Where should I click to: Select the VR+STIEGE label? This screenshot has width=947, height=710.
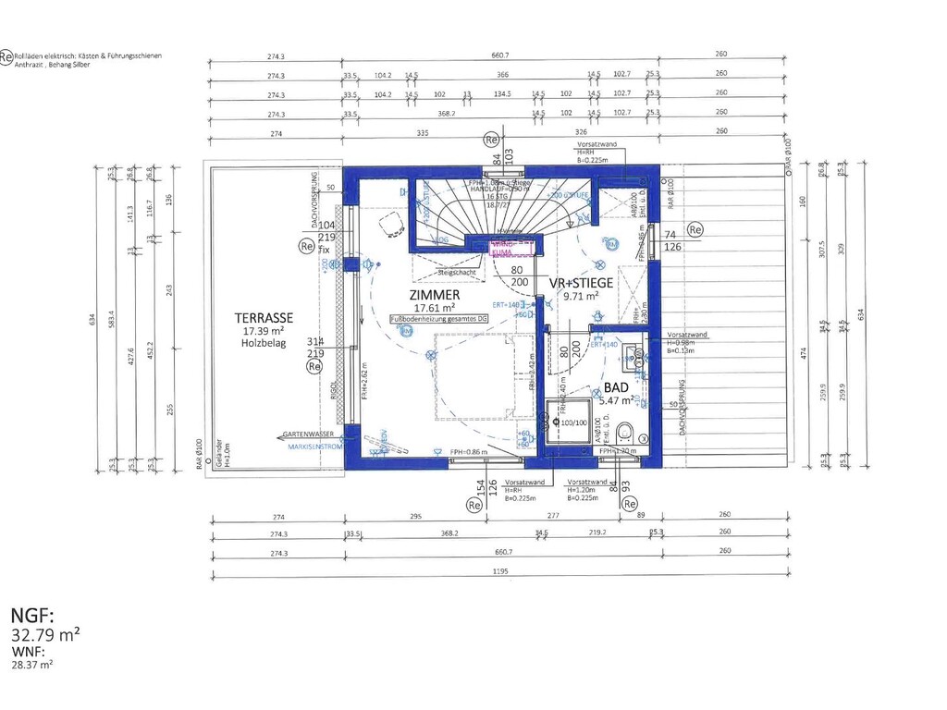point(581,283)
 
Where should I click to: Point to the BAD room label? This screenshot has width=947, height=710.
point(617,389)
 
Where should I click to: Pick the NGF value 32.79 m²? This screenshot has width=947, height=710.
point(43,634)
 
